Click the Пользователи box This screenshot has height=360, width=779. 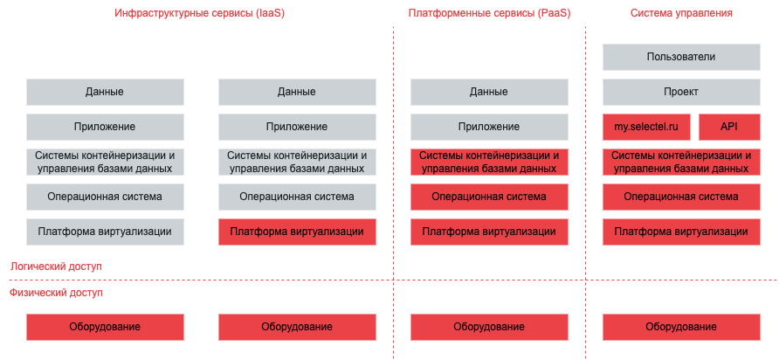click(681, 58)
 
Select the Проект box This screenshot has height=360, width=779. click(681, 92)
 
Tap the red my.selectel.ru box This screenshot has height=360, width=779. click(646, 127)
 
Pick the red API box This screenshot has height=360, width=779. click(729, 127)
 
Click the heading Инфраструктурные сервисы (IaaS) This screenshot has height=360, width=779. click(200, 14)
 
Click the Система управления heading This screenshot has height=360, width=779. click(681, 14)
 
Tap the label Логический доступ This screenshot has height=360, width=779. click(56, 266)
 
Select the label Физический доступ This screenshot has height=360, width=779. click(56, 293)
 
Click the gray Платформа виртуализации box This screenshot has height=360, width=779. click(105, 232)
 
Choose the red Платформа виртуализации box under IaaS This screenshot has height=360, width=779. click(297, 232)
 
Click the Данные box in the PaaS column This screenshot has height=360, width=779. click(489, 92)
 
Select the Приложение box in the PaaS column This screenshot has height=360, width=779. click(489, 127)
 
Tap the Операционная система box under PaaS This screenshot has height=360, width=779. click(489, 197)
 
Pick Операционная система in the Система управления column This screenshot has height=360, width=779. click(681, 197)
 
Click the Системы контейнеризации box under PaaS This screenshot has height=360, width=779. click(489, 162)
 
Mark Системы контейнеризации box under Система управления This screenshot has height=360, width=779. click(681, 162)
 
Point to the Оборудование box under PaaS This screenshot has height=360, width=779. click(489, 327)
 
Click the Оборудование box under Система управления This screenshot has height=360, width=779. click(681, 327)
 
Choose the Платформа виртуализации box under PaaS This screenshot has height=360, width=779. click(489, 232)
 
